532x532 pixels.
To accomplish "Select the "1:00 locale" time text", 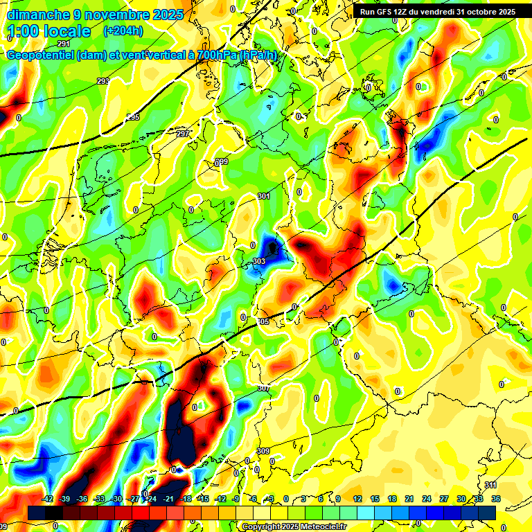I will (x=48, y=32).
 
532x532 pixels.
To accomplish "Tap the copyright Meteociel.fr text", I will (x=294, y=526).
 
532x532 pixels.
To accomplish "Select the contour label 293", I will (x=103, y=82).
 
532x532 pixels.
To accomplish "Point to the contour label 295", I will (x=133, y=117).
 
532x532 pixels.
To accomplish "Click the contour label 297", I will (x=182, y=134).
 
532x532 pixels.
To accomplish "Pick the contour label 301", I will (x=263, y=197).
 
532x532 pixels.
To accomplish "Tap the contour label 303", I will (x=259, y=261).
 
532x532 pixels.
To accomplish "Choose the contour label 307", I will (x=263, y=389).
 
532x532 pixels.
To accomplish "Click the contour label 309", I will (x=263, y=452).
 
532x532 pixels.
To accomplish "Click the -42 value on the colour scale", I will (x=48, y=499).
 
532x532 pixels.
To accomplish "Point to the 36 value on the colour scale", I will (x=496, y=499).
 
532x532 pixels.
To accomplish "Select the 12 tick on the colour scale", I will (x=357, y=499).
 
